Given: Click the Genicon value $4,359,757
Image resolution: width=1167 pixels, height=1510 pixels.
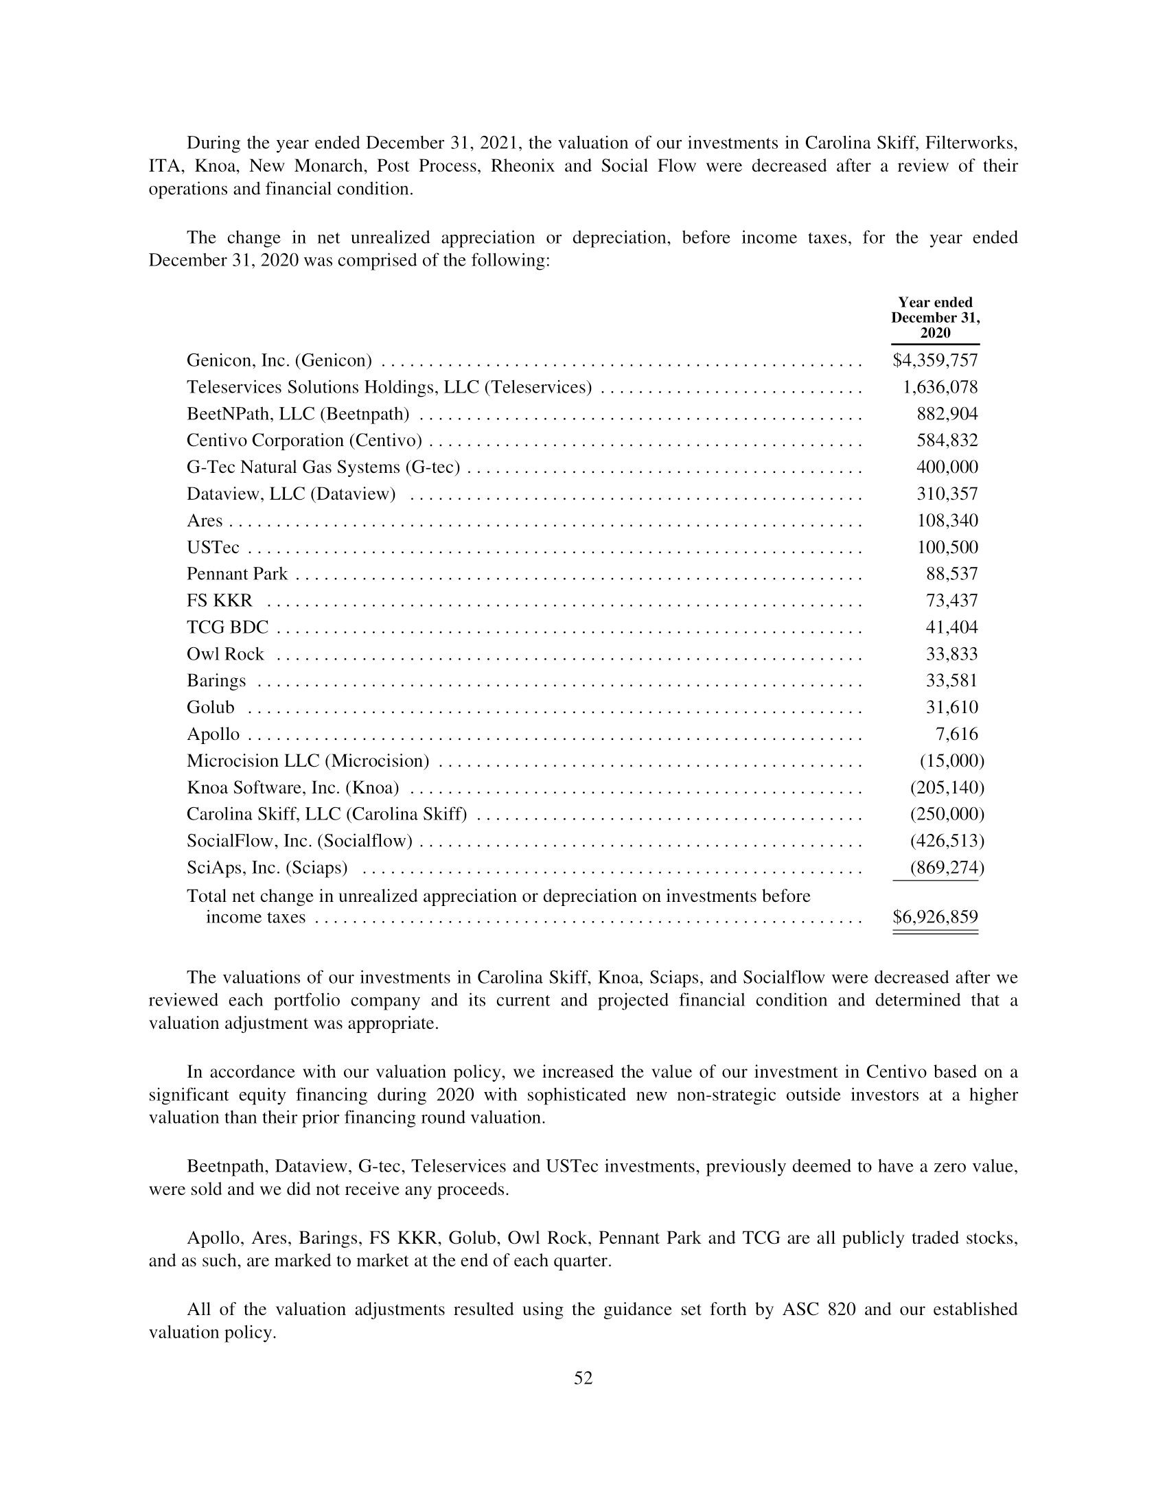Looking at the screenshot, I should (935, 360).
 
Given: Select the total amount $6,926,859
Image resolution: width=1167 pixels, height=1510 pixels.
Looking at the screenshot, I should (935, 917).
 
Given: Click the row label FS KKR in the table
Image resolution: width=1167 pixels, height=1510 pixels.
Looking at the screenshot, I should (219, 601).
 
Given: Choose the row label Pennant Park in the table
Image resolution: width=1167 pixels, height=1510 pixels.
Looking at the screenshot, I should (236, 574).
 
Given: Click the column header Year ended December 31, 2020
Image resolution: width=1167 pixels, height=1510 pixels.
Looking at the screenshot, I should (935, 317).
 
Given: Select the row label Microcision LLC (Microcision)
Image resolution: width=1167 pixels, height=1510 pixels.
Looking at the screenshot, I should (308, 760).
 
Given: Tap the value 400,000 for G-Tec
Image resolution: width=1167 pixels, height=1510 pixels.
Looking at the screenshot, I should (947, 467).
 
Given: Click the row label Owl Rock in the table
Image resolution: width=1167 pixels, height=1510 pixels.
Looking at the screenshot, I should (225, 654).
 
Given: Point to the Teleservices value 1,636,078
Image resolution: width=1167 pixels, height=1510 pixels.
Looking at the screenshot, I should (940, 387).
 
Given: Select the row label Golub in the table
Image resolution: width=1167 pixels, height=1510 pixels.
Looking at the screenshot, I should (210, 707).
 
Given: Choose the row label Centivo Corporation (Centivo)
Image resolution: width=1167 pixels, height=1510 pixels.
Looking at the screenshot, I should (304, 441).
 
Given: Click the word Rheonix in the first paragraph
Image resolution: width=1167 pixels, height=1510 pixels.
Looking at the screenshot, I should (522, 166).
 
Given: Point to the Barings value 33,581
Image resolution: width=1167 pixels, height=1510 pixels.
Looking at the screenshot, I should (951, 680).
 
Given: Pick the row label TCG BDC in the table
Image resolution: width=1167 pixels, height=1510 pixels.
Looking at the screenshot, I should (227, 627).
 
